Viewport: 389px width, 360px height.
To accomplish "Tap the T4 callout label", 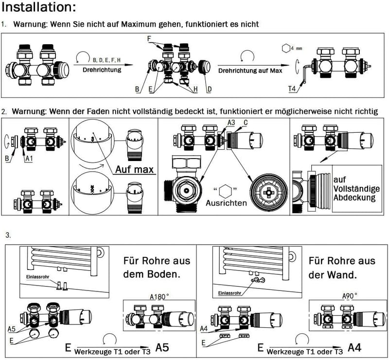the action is click(292, 89).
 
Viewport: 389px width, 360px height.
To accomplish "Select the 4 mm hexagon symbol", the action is click(286, 48).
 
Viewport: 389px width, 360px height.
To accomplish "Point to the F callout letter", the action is click(149, 39).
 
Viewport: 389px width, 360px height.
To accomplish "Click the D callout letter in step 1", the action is click(210, 89).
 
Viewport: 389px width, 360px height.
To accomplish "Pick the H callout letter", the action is click(195, 89).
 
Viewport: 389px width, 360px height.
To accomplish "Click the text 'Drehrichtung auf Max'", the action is click(250, 71).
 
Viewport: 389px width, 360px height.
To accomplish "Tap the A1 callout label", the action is click(29, 159).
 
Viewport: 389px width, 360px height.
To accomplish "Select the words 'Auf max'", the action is click(135, 169).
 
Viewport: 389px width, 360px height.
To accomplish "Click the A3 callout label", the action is click(231, 123).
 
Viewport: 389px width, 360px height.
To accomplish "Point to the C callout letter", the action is click(246, 123).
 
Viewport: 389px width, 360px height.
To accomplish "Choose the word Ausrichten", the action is click(226, 203).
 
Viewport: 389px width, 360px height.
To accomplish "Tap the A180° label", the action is click(159, 297).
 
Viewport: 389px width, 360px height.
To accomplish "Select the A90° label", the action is click(350, 296).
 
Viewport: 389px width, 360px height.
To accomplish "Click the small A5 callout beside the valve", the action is click(11, 329).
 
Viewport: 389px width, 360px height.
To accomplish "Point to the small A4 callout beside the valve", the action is click(204, 329).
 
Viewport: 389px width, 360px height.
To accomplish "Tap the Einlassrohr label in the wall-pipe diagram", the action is click(230, 293).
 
